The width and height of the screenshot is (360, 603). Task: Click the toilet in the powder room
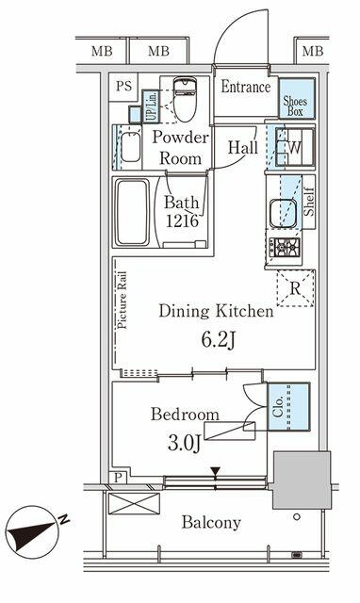coord(185,99)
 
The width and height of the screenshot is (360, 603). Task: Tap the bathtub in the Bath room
coord(132,212)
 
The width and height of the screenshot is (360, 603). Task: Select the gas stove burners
coord(285,247)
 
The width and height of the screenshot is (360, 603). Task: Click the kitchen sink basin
coord(283,214)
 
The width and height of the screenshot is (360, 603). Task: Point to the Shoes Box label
coord(295,106)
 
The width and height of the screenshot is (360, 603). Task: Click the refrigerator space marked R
coord(295,288)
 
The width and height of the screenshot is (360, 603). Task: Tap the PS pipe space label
coord(123,86)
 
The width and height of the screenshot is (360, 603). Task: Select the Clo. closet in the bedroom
coord(288,406)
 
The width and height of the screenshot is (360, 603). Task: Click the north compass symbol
coord(34,531)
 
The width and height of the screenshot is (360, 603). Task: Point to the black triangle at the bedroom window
coord(216,471)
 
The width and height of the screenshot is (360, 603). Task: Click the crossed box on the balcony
coord(134,503)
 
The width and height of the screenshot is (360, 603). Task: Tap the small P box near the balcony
coord(118,478)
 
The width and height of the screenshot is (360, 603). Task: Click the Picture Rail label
coord(123,301)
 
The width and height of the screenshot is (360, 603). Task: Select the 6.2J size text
coord(218,339)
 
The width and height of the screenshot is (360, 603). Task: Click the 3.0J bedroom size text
coord(184,443)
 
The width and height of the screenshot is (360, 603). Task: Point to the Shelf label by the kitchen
coord(310,202)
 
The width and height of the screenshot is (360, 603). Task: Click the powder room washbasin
coord(131,147)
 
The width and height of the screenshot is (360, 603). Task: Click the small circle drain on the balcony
coord(297,517)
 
